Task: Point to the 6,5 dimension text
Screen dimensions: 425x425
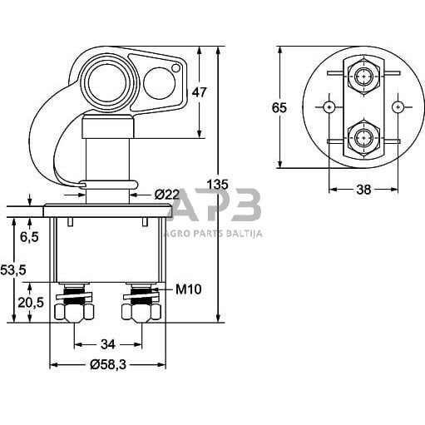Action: pyautogui.click(x=28, y=237)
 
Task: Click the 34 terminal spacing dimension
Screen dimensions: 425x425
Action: pyautogui.click(x=108, y=343)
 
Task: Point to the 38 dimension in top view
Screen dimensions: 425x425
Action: pyautogui.click(x=363, y=190)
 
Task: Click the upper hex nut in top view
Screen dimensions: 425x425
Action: pyautogui.click(x=363, y=77)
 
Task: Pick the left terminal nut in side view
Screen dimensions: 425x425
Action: pyautogui.click(x=73, y=312)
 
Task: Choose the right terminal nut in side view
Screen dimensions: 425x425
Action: pyautogui.click(x=142, y=312)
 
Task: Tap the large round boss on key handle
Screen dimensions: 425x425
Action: pyautogui.click(x=106, y=83)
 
